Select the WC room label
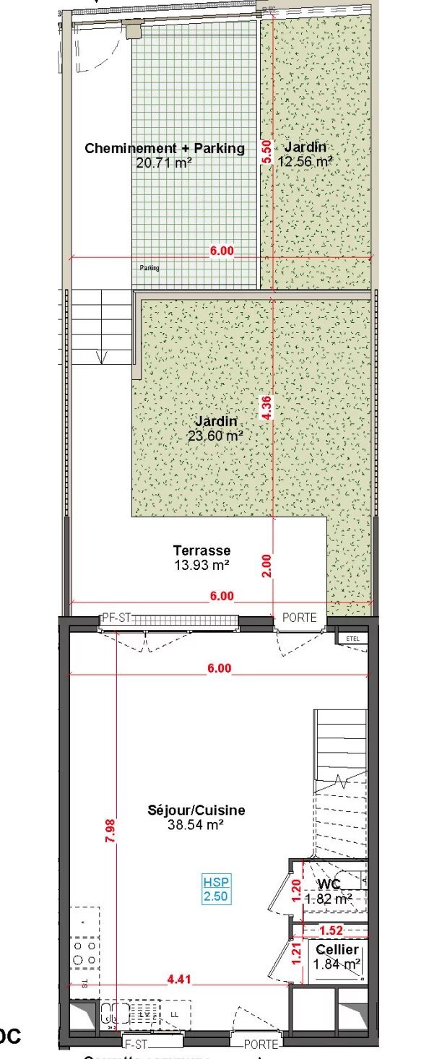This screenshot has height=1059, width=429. point(329,884)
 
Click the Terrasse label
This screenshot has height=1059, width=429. point(201,550)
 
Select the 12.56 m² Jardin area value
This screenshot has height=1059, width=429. point(305,162)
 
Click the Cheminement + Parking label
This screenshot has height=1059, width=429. point(165,149)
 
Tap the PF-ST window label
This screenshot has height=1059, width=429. point(115,618)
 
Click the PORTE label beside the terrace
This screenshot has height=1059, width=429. point(299,618)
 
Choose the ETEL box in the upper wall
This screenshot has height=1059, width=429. point(352,639)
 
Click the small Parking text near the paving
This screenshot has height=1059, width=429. point(149,267)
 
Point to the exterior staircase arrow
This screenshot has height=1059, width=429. point(101,355)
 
